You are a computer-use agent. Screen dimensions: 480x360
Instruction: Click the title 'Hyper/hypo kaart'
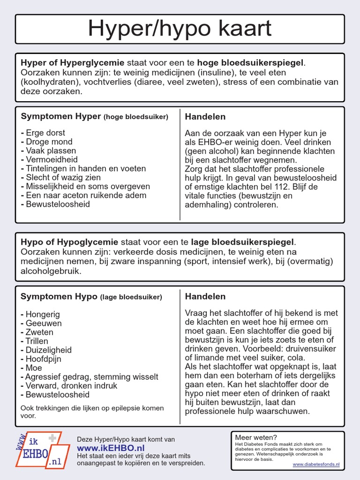tap(180, 29)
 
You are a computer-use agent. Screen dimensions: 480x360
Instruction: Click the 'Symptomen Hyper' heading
tap(61, 116)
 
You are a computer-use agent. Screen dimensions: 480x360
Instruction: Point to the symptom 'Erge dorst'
tap(45, 133)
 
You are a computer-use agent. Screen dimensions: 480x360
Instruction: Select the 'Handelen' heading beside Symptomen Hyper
tap(205, 116)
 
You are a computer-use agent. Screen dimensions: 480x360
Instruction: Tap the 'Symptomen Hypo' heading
tap(59, 296)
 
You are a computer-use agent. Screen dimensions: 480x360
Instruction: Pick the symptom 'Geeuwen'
tap(44, 323)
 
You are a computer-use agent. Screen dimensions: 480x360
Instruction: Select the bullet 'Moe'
tap(34, 367)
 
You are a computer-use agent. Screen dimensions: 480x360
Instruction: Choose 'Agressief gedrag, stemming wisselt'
tap(91, 376)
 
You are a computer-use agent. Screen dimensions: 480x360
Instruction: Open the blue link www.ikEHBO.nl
tap(111, 448)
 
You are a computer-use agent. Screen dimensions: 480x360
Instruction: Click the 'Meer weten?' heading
tap(256, 437)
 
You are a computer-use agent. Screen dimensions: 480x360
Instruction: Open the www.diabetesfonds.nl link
tap(316, 465)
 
